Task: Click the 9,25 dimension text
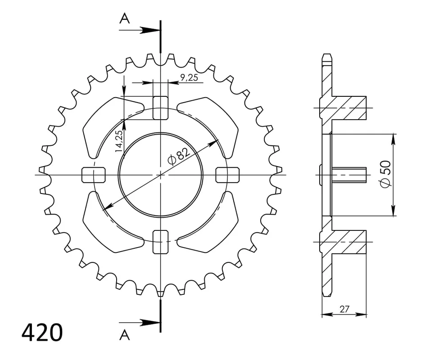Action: [x=189, y=78]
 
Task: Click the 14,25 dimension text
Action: [x=119, y=141]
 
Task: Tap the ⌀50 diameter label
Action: [x=385, y=174]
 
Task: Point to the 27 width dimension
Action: [x=344, y=309]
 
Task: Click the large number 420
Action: [x=42, y=332]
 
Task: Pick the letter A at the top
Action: [x=125, y=19]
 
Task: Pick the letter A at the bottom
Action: [x=125, y=335]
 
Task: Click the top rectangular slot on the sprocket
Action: [x=160, y=108]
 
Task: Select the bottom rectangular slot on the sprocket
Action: [x=160, y=242]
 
